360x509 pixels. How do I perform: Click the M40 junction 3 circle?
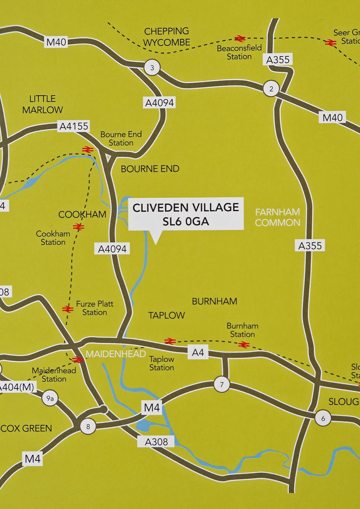click(152, 67)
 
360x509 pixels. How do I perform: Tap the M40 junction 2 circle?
click(271, 89)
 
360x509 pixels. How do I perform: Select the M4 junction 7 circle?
click(222, 384)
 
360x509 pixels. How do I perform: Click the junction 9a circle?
click(50, 398)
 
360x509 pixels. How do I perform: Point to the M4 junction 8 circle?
click(88, 427)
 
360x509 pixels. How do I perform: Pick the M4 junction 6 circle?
click(323, 418)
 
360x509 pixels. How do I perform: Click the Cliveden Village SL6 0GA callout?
click(186, 214)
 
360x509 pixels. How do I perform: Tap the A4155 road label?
click(74, 126)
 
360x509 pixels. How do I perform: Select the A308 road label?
click(156, 442)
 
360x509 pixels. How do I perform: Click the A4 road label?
click(198, 352)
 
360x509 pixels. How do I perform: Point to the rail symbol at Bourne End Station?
click(87, 149)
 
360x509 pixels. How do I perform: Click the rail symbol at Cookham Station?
click(78, 227)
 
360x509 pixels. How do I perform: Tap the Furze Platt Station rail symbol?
click(68, 309)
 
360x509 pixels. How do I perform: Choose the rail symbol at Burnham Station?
click(244, 345)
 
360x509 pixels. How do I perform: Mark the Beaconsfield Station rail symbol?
click(240, 39)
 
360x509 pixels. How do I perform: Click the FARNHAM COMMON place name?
click(278, 217)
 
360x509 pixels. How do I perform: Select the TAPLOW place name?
click(166, 315)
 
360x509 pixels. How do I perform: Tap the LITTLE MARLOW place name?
click(42, 104)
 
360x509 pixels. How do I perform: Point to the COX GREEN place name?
click(26, 428)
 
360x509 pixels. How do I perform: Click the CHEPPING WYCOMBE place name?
click(166, 37)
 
